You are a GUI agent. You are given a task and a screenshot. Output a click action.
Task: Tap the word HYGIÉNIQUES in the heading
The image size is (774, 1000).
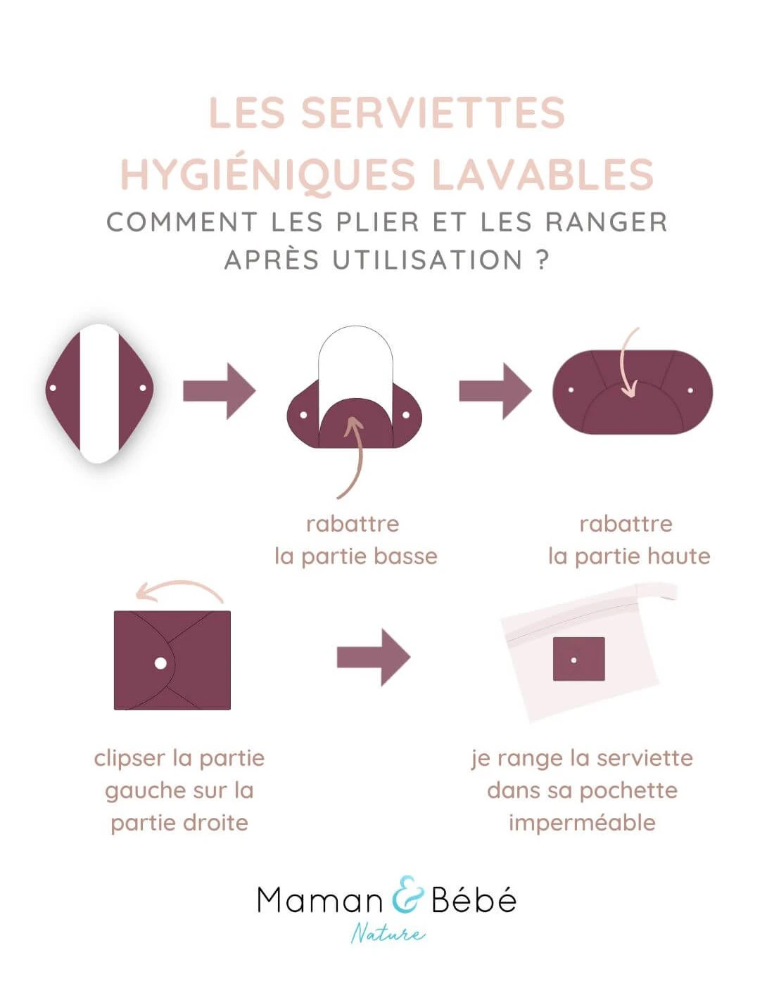click(268, 174)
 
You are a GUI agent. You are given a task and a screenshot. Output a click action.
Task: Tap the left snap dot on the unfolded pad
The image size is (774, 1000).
click(53, 388)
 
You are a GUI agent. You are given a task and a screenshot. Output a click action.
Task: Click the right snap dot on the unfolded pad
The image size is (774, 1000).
click(144, 388)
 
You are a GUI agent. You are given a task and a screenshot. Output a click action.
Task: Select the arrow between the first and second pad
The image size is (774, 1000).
click(219, 391)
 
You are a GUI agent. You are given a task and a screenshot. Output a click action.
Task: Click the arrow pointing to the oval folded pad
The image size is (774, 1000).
click(495, 391)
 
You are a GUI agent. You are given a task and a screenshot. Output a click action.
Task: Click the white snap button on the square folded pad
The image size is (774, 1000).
click(160, 663)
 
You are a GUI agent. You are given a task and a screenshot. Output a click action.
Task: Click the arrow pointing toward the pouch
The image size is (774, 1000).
click(373, 658)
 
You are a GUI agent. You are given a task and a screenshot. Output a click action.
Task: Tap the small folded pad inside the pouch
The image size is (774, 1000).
click(578, 659)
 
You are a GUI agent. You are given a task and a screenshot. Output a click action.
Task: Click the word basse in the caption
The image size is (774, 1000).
click(405, 556)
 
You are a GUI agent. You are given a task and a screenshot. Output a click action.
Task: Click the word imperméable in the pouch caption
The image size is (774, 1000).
click(582, 822)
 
